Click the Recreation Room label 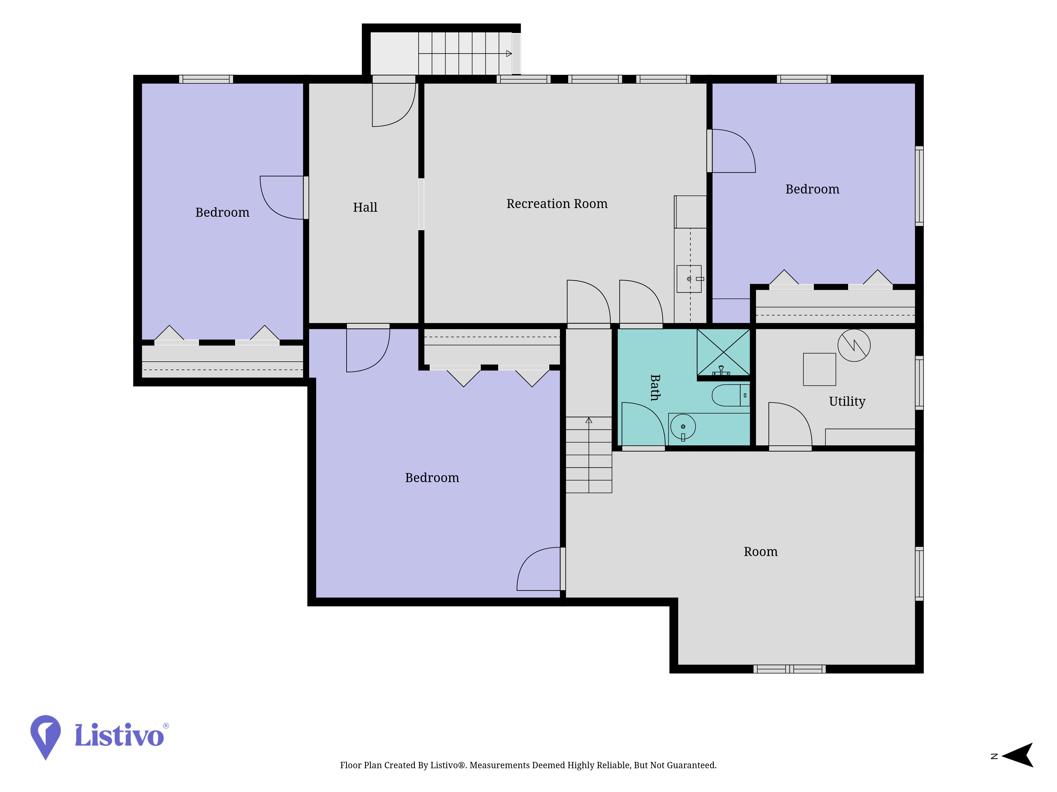tap(557, 204)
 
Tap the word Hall tap(365, 207)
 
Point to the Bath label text tap(655, 388)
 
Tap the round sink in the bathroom tap(683, 427)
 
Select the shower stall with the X tap(724, 352)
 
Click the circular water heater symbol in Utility tap(854, 345)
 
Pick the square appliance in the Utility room tap(819, 370)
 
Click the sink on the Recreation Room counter tap(689, 279)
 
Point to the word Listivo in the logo tap(119, 735)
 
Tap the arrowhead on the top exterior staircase tap(509, 54)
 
